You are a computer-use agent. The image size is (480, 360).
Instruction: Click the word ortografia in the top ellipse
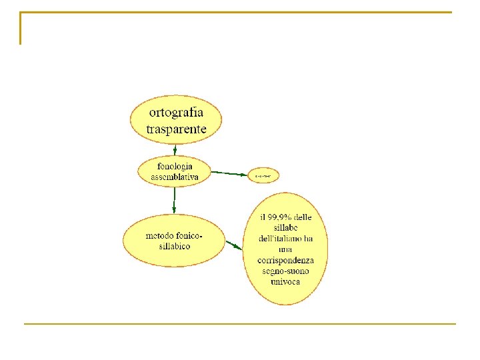pos(176,112)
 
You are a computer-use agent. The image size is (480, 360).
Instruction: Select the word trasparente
pos(176,129)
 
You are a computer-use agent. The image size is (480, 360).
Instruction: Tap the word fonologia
pos(175,165)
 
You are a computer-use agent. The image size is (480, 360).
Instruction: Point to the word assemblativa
pos(175,176)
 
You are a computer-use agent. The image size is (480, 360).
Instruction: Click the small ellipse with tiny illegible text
pos(263,176)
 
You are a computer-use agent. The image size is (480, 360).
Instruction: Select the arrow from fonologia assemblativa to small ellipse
pos(229,173)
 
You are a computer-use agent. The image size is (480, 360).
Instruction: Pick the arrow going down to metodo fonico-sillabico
pos(174,200)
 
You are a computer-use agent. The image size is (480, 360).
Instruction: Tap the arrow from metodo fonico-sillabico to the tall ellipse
pos(233,245)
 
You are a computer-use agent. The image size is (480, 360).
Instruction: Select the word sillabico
pos(175,246)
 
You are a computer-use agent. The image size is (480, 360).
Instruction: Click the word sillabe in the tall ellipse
pos(285,228)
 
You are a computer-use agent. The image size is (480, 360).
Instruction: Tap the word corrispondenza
pos(285,260)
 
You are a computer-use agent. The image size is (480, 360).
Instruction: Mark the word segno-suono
pos(285,271)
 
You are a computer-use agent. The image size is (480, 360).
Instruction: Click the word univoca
pos(285,281)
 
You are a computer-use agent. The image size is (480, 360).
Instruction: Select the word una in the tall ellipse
pos(285,249)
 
